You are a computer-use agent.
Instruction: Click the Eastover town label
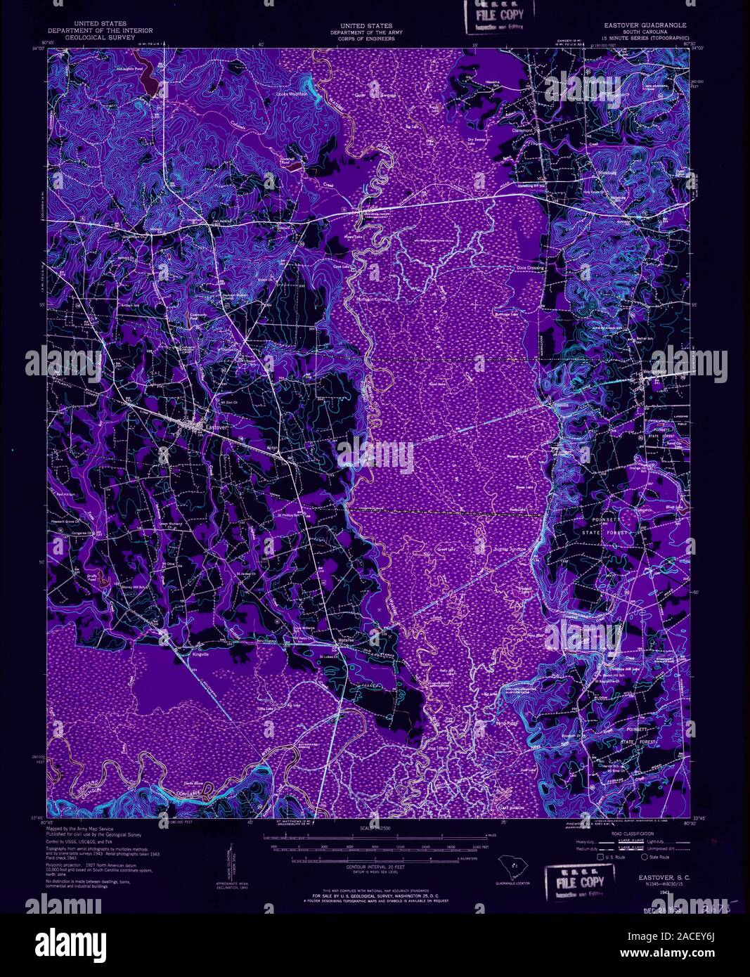215,426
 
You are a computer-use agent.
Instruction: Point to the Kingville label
202,654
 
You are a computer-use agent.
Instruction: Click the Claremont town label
522,131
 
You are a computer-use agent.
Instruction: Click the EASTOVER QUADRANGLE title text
645,25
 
